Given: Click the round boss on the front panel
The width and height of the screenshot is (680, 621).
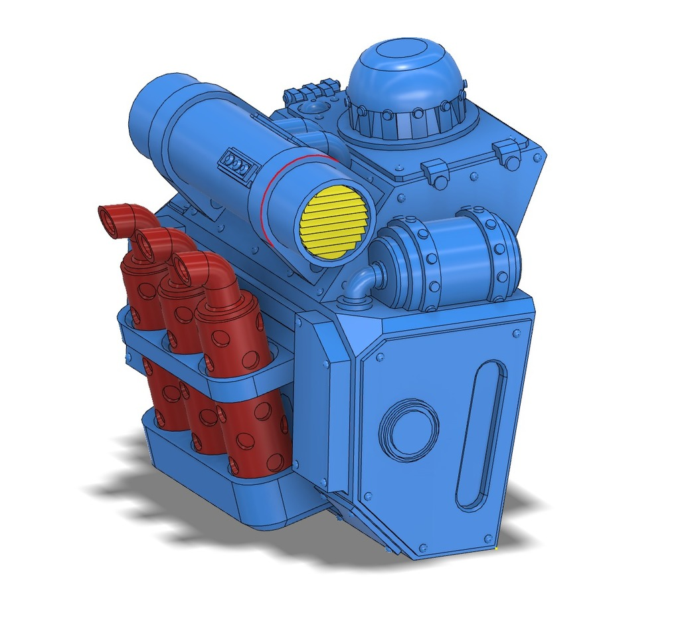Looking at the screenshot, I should tap(409, 430).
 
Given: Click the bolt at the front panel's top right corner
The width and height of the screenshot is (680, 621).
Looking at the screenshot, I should tap(515, 331).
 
